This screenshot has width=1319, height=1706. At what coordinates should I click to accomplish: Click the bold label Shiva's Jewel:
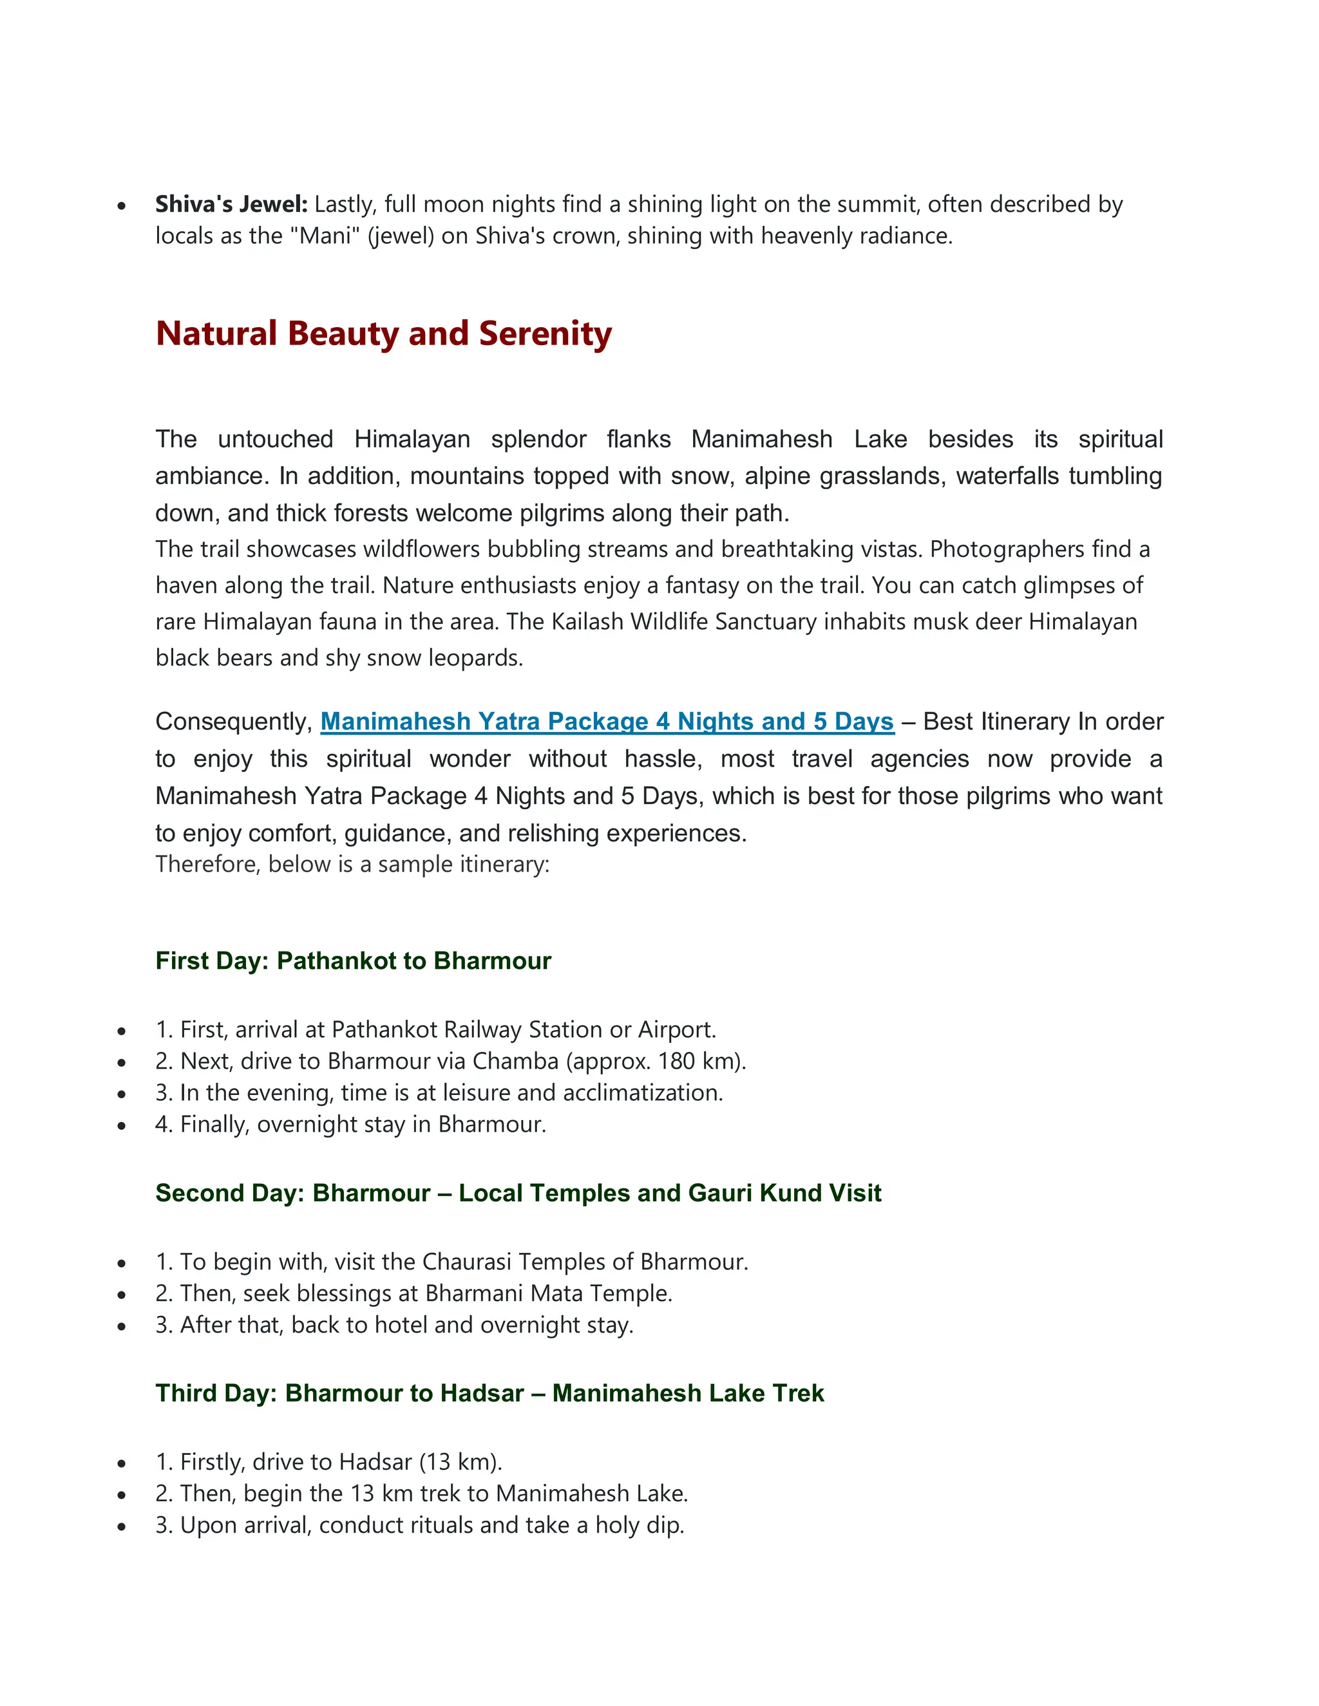tap(231, 205)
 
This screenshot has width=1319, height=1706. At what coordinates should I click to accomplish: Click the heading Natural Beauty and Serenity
tap(383, 333)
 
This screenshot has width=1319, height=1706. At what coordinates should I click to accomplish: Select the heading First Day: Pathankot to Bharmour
tap(353, 961)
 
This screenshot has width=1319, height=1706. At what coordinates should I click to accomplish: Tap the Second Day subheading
tap(517, 1193)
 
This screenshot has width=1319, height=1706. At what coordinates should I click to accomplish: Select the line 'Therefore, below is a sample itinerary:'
tap(352, 864)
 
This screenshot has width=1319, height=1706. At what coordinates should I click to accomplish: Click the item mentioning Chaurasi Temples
tap(451, 1262)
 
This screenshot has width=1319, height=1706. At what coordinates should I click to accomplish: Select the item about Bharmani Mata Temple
tap(413, 1293)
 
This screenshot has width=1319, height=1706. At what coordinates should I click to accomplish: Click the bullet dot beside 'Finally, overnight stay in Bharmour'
tap(121, 1125)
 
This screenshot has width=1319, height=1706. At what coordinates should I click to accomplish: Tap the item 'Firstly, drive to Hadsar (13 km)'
tap(328, 1461)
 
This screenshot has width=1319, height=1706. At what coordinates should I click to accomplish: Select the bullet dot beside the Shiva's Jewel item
tap(121, 206)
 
